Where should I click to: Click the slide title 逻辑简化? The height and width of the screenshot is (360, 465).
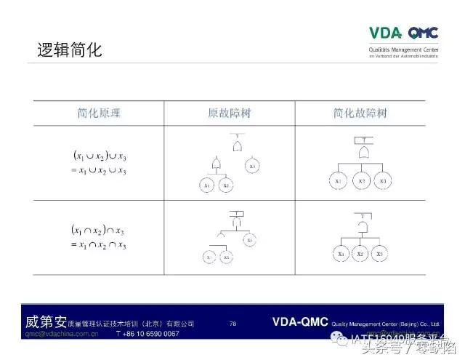point(70,50)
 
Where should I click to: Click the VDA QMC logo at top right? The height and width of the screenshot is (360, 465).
point(403,33)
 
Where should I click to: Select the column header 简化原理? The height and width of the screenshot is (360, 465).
point(99,113)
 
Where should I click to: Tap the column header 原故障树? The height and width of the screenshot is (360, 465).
point(229,113)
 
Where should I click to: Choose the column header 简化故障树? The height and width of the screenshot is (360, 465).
point(360,113)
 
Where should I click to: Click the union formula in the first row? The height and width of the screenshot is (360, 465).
point(100,163)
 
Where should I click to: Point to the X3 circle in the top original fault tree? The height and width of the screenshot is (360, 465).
point(252,167)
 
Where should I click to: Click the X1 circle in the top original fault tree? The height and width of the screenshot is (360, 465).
point(207,185)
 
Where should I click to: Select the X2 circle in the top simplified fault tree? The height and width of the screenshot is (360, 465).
point(361,180)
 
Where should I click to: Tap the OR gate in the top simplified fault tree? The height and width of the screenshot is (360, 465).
point(361,153)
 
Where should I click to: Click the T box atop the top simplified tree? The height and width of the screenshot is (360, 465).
point(361,140)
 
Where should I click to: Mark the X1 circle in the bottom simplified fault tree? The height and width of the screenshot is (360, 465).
point(341,254)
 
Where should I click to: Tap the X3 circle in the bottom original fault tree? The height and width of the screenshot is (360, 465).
point(249,239)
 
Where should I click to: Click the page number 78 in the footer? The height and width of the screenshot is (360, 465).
point(232,323)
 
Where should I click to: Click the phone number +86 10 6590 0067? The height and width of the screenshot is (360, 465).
point(147,334)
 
